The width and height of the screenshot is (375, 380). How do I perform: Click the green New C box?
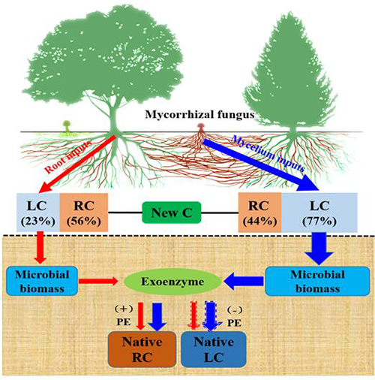coord(172,213)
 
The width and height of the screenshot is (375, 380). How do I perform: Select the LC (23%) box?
coord(38,213)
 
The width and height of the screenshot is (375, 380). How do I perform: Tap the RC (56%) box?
coord(84,213)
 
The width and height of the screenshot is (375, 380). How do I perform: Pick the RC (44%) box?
coord(260,213)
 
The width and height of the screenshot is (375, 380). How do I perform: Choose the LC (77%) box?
coord(319,213)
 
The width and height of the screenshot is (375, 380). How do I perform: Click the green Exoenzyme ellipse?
coord(172,282)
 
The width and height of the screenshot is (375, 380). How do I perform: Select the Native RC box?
coord(142,349)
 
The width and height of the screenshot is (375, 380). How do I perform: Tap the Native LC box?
coord(214,349)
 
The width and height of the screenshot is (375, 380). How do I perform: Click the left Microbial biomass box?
coord(42,281)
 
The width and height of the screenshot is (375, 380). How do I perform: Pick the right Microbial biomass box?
coord(317,281)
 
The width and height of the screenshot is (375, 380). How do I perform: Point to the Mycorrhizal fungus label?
coord(199,115)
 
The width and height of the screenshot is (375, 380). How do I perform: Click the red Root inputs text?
coord(68,157)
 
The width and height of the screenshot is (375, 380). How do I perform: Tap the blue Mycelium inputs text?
coord(268,153)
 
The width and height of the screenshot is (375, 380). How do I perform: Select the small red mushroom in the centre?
coord(200,128)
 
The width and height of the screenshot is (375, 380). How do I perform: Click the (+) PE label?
coord(124,315)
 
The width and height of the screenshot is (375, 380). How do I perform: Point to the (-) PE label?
coord(235,316)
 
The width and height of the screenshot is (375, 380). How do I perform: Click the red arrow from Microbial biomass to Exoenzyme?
coord(98,281)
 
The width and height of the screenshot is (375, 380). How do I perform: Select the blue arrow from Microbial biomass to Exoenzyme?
coord(244,282)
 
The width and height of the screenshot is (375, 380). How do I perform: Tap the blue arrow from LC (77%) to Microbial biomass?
coord(319,249)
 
